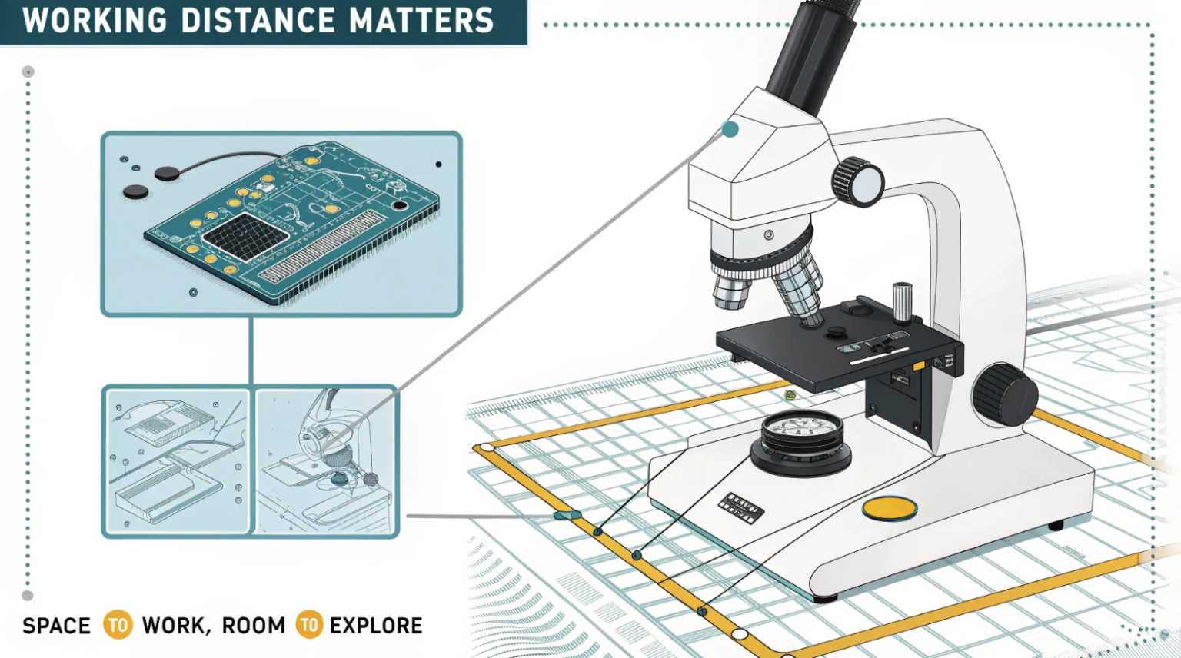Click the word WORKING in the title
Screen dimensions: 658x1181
[95, 20]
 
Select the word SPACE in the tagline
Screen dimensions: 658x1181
[56, 626]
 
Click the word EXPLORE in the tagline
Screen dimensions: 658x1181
[376, 626]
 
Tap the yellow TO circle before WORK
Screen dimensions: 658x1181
[118, 625]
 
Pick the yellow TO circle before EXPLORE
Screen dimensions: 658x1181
[309, 625]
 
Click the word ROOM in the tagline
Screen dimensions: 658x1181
[254, 626]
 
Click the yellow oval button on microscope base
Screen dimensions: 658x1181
[890, 508]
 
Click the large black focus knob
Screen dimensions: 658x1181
[1004, 395]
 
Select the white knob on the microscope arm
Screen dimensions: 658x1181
[859, 182]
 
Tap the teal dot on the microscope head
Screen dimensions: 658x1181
[730, 129]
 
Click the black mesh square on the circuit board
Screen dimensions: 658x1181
[245, 235]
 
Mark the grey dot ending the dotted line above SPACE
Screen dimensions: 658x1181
[28, 596]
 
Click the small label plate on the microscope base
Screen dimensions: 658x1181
[740, 507]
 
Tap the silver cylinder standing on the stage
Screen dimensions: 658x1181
[902, 302]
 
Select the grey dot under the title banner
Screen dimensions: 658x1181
[28, 71]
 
